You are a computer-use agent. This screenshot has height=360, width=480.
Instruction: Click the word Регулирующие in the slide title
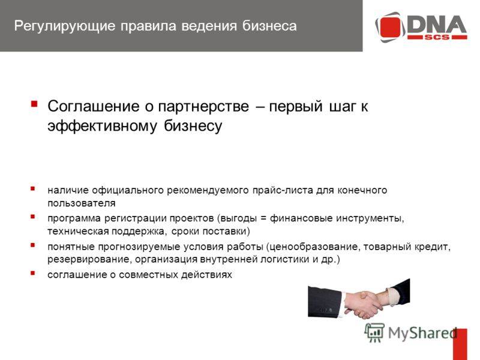[x=65, y=26]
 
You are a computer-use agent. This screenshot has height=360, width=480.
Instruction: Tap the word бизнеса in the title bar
[x=269, y=26]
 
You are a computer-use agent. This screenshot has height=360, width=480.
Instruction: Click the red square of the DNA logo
[x=390, y=27]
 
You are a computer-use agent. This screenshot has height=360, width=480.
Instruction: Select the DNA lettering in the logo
[x=437, y=24]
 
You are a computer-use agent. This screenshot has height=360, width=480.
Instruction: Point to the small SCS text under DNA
[x=437, y=37]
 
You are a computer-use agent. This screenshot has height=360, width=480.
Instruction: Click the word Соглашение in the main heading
[x=93, y=107]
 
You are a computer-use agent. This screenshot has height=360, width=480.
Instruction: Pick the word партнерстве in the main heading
[x=203, y=107]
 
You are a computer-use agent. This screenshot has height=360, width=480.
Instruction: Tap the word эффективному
[x=102, y=126]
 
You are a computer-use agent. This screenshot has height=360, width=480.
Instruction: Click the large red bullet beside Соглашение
[x=34, y=104]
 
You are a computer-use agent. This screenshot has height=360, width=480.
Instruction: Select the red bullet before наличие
[x=33, y=188]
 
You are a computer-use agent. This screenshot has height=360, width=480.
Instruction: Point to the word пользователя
[x=82, y=203]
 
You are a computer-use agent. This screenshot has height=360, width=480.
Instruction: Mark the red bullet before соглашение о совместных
[x=33, y=273]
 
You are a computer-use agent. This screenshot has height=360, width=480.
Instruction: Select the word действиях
[x=206, y=275]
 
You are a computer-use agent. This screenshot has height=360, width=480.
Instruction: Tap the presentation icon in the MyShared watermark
[x=374, y=332]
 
